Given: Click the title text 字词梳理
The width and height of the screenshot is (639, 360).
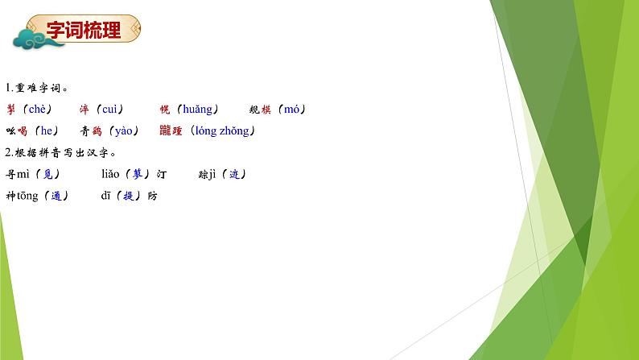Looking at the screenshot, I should coord(84,31).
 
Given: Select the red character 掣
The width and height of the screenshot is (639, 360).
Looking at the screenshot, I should coord(10,110).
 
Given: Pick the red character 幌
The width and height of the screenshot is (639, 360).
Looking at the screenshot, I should coord(165,110).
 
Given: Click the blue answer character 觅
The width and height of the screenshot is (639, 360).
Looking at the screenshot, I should coord(48,174).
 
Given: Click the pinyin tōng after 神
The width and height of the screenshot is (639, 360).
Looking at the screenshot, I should coord(27,196).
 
